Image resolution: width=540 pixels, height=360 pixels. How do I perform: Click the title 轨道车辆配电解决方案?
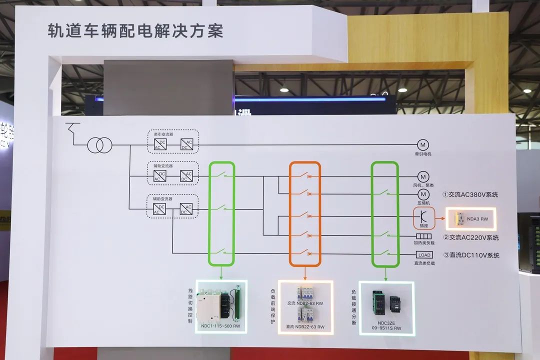(135, 31)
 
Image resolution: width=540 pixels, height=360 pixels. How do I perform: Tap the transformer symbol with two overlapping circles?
(98, 145)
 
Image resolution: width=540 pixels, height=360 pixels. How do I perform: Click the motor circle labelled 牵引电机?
(423, 145)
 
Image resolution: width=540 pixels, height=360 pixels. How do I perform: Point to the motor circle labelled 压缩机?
(423, 194)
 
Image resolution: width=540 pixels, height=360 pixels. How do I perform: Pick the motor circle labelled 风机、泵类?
(423, 177)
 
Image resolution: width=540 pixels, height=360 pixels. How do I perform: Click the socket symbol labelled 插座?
(423, 216)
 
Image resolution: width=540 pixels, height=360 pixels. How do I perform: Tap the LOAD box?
(423, 255)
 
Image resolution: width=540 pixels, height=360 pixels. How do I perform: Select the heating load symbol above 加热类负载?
(423, 236)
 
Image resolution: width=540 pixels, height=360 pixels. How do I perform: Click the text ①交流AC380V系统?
(470, 194)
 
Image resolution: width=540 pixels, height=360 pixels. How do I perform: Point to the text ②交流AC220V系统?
(470, 237)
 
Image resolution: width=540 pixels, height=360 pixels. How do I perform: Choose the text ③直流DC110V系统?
(470, 255)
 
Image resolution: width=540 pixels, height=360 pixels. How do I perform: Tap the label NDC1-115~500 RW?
(221, 326)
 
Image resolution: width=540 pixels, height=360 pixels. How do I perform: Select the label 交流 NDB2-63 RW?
(304, 303)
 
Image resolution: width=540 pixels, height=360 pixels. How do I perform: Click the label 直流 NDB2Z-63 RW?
(305, 327)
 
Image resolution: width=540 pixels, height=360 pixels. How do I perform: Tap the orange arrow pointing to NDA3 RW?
(440, 218)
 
